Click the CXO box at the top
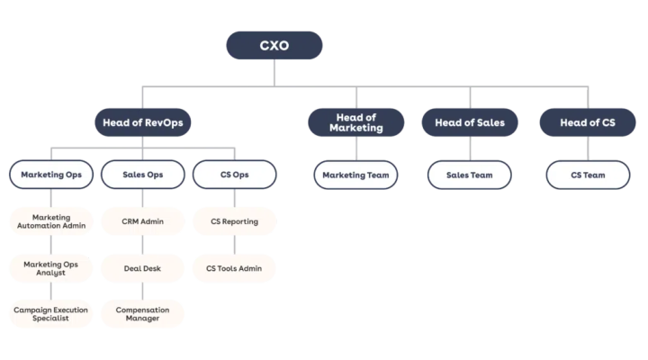(274, 45)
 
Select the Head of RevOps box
(142, 122)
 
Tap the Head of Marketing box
(355, 122)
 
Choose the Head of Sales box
(470, 122)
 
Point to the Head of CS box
(588, 122)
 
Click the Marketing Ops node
(51, 175)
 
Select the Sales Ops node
(142, 175)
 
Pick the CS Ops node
(234, 175)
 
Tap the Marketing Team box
(355, 175)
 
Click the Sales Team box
(470, 175)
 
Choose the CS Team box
(588, 175)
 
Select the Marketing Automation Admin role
(51, 221)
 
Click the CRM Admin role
(142, 221)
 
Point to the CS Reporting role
(234, 221)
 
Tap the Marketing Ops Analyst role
(50, 268)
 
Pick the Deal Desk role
(142, 268)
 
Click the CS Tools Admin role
(234, 268)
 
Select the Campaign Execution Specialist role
(50, 314)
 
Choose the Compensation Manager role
(142, 314)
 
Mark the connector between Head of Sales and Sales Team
(470, 148)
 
